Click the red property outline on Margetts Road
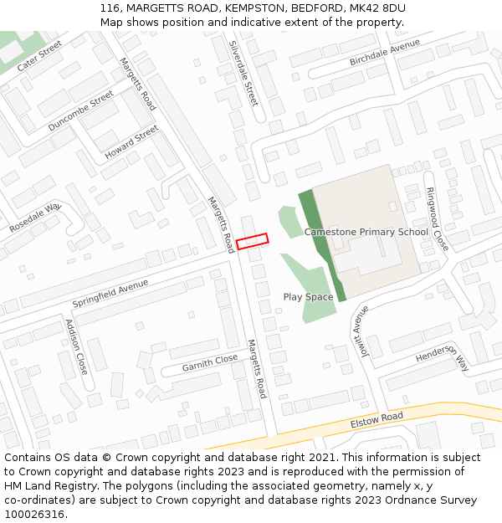[252, 241]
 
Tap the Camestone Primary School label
[366, 232]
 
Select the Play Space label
[308, 297]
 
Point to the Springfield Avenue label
[110, 293]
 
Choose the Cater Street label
[40, 54]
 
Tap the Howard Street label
[131, 143]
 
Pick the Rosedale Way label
[35, 218]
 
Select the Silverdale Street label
[243, 73]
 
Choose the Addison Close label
[75, 346]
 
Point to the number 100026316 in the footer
[33, 514]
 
